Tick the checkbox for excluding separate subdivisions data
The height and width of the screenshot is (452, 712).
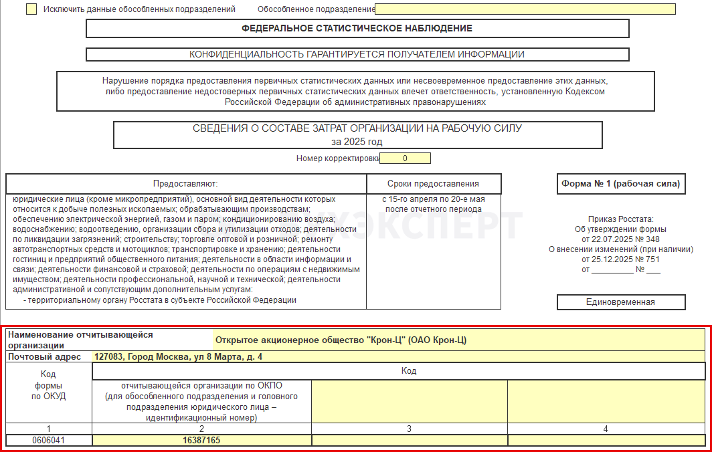tap(31, 9)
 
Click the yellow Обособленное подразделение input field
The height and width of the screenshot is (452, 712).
tap(525, 9)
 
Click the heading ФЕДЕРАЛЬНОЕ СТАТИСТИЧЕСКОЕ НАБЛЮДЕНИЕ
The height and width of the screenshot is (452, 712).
tap(357, 28)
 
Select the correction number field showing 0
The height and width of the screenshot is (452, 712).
tap(406, 158)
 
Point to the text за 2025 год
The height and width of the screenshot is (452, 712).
tap(357, 142)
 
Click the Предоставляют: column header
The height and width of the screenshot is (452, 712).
tap(185, 184)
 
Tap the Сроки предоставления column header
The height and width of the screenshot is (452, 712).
tap(433, 184)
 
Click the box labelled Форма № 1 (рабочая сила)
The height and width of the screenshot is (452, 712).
tap(621, 184)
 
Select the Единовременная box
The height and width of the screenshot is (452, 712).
tap(621, 302)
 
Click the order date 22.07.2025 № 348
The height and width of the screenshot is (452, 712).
tap(621, 239)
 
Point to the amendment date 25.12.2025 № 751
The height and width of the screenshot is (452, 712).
tap(621, 259)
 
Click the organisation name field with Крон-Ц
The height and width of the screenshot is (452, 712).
tap(458, 340)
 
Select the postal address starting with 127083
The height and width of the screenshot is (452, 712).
tap(178, 356)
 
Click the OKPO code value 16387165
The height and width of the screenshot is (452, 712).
tap(201, 441)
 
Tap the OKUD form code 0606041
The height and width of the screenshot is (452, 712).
tap(49, 441)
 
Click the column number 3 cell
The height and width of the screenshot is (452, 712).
tap(409, 429)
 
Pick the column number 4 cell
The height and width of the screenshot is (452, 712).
tap(606, 429)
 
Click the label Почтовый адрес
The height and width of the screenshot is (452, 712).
tap(44, 356)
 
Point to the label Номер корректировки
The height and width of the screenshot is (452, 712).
tap(337, 158)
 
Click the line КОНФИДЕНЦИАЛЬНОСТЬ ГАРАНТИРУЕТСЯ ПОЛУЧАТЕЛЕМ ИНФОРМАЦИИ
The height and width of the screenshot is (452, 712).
tap(357, 55)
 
